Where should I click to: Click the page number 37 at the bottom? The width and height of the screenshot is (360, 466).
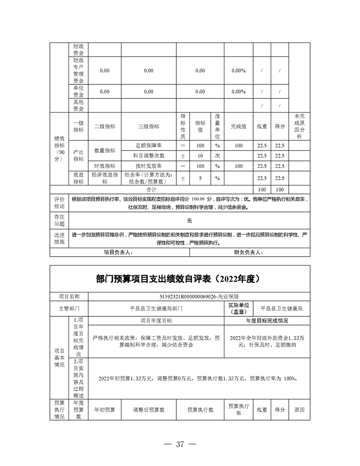[x=179, y=444]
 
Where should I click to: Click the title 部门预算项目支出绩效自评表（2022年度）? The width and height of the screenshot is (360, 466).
[x=180, y=279]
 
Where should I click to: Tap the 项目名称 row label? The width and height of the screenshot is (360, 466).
[x=69, y=297]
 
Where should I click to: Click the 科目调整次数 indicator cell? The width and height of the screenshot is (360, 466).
[x=148, y=155]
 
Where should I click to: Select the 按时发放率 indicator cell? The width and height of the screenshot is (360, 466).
[x=148, y=166]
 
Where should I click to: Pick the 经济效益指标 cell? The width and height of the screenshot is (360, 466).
[x=105, y=178]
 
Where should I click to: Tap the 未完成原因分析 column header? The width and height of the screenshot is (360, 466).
[x=299, y=126]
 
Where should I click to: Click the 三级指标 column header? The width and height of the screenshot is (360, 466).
[x=148, y=126]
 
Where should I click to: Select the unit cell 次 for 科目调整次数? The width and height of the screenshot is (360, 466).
[x=217, y=155]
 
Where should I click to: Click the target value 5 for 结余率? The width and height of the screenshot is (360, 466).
[x=200, y=178]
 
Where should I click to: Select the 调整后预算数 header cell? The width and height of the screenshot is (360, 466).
[x=148, y=409]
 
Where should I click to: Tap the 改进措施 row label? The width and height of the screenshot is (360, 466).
[x=59, y=239]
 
